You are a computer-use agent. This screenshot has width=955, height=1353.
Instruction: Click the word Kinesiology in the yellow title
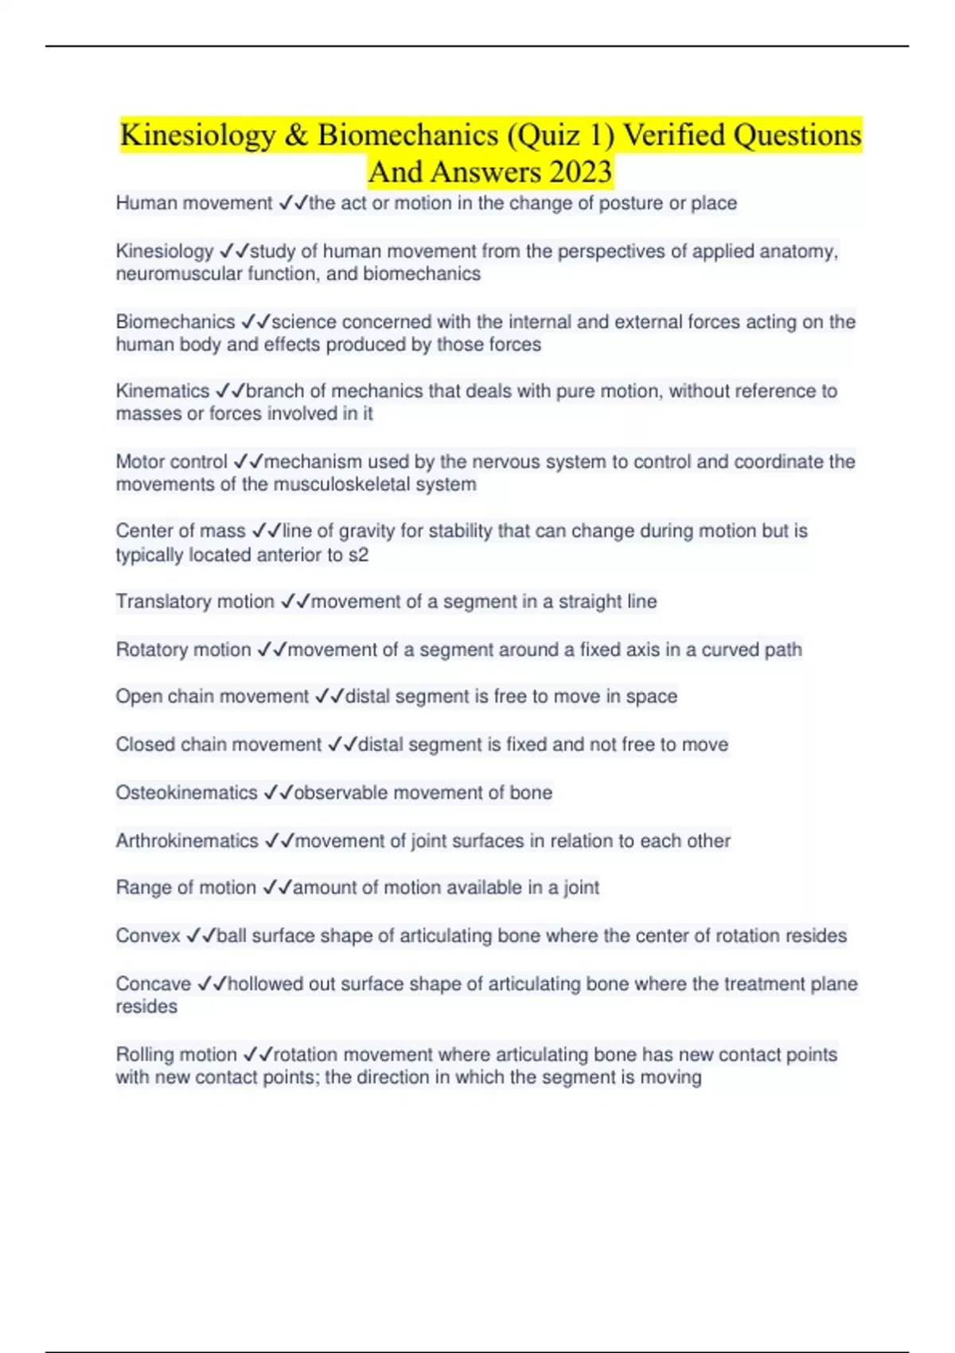[x=197, y=135]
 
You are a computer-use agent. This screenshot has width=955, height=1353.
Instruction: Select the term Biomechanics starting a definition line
[x=175, y=322]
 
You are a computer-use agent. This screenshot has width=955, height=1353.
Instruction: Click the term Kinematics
[x=162, y=391]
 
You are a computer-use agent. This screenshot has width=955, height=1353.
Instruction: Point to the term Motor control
[x=171, y=462]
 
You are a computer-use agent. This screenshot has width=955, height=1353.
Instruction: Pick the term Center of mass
[x=180, y=531]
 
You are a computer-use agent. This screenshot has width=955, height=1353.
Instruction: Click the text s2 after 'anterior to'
[x=359, y=555]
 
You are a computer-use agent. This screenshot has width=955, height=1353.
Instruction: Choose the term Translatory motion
[x=195, y=602]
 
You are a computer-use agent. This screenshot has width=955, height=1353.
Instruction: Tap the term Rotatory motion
[x=183, y=649]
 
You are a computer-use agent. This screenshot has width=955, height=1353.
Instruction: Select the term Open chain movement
[x=212, y=696]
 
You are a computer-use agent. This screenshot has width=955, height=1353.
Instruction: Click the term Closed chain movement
[x=218, y=744]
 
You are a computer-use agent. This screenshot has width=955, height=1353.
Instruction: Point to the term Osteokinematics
[x=186, y=793]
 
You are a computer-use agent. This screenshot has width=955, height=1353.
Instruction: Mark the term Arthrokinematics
[x=187, y=840]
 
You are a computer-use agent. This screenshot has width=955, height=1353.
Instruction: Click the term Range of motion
[x=185, y=887]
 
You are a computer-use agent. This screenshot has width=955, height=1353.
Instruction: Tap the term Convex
[x=148, y=935]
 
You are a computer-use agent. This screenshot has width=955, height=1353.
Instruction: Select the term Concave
[x=153, y=984]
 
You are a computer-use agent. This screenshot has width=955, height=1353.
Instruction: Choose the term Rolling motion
[x=176, y=1055]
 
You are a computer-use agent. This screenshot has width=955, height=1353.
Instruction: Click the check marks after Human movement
[x=293, y=204]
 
